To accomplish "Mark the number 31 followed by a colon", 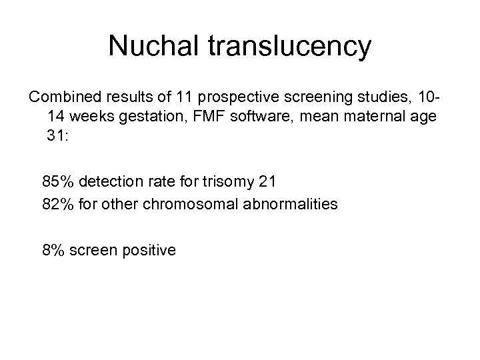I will (x=58, y=135).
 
